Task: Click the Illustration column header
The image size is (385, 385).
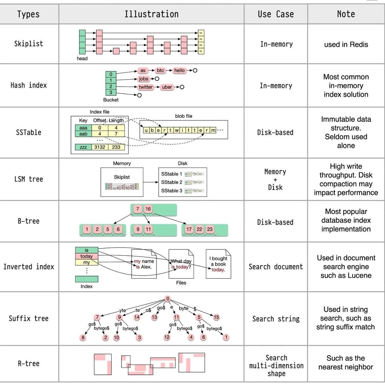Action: (x=151, y=14)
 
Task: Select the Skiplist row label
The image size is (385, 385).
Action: (x=29, y=44)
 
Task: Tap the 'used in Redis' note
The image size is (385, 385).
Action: (x=346, y=45)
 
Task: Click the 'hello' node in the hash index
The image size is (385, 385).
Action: (x=180, y=70)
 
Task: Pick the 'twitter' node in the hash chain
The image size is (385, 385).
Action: (x=146, y=87)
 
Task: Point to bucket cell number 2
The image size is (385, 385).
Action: (x=111, y=86)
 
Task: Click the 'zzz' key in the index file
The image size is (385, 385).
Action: (x=83, y=147)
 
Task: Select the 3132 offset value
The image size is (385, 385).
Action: (x=100, y=147)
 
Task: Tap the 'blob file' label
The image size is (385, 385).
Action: (x=183, y=116)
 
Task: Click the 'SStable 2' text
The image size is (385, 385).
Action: (x=171, y=182)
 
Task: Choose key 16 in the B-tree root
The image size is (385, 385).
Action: (x=148, y=209)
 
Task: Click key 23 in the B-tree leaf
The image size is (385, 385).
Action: (x=210, y=229)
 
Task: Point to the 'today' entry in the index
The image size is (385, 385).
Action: (x=87, y=256)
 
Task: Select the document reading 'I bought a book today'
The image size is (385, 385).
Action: (x=218, y=264)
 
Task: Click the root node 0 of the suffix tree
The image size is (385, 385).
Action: (x=168, y=299)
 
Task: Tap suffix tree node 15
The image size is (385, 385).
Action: (x=216, y=317)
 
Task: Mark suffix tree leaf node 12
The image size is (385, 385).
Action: (x=167, y=337)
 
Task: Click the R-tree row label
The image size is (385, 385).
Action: (x=29, y=364)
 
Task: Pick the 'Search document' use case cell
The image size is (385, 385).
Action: (x=276, y=267)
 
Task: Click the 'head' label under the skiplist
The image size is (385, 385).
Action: (x=82, y=59)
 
